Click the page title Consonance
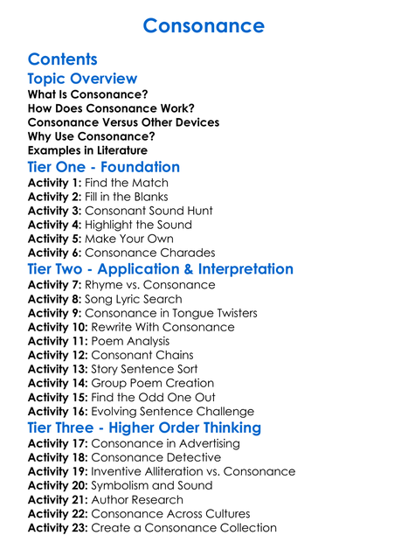tap(204, 25)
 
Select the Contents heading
tap(62, 59)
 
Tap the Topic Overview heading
tap(82, 79)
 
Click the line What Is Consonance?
tap(87, 94)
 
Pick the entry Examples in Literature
tap(87, 150)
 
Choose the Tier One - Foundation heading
tap(104, 167)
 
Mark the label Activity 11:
tap(58, 341)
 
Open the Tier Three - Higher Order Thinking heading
tap(144, 427)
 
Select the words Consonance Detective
tap(156, 457)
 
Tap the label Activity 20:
tap(58, 485)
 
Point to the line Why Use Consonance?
tap(92, 136)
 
